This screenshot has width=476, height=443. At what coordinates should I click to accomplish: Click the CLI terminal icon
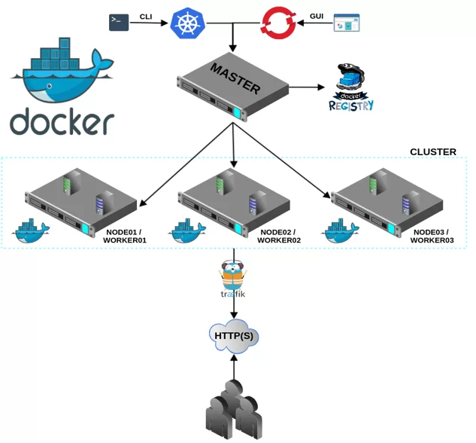[x=119, y=23]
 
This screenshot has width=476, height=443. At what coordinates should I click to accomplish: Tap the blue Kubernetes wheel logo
[x=185, y=23]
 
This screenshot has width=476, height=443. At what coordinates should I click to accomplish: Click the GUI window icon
[x=347, y=23]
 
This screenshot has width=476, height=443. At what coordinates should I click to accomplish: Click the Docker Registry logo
[x=351, y=88]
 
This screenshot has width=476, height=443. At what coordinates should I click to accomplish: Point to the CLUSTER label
[x=432, y=152]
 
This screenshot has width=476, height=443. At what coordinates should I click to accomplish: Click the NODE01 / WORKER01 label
[x=124, y=236]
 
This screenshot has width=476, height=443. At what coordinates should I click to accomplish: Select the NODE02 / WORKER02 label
[x=278, y=236]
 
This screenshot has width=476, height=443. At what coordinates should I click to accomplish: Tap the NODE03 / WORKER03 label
[x=432, y=236]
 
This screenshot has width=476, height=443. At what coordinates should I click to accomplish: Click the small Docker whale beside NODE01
[x=32, y=231]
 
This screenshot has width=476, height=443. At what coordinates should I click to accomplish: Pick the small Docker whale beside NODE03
[x=341, y=231]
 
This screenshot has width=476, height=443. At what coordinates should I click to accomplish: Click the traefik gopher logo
[x=233, y=280]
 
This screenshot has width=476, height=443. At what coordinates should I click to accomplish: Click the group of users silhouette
[x=234, y=411]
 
